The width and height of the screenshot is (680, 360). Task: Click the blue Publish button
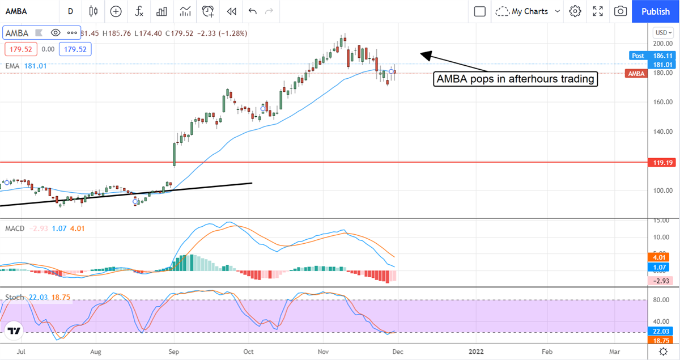click(x=655, y=11)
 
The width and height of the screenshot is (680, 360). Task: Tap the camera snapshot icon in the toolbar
click(x=620, y=11)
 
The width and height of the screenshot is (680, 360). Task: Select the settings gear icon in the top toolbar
click(x=575, y=11)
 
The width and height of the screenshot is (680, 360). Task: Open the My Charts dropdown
click(x=528, y=11)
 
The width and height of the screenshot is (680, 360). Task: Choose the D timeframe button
click(x=70, y=11)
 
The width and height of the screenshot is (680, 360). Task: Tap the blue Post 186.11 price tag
click(x=645, y=56)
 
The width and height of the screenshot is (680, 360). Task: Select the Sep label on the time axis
click(x=175, y=351)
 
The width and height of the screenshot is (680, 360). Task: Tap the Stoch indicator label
click(x=14, y=297)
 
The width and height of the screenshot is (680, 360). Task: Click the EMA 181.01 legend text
click(x=26, y=66)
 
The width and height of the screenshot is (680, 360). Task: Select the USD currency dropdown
click(x=662, y=32)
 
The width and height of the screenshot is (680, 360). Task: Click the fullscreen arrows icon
click(x=598, y=11)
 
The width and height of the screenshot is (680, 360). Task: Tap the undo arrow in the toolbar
click(x=252, y=11)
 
